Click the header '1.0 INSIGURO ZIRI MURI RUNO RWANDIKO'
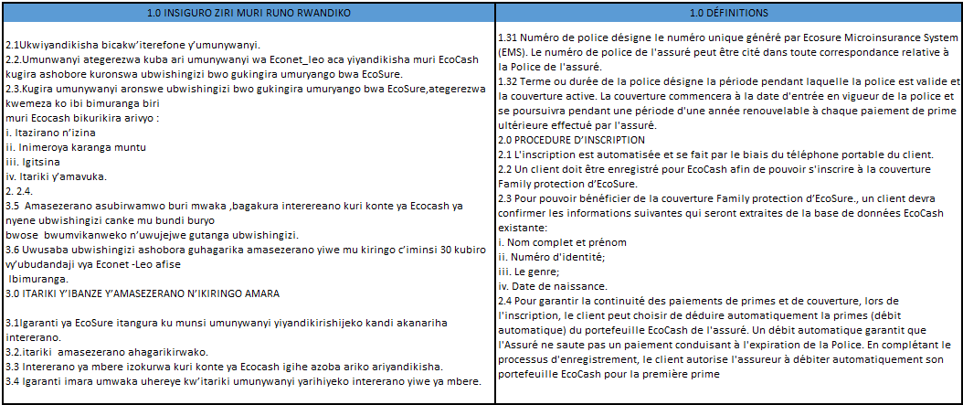[x=248, y=13]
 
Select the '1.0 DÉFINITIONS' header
[x=728, y=13]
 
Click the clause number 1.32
[x=511, y=80]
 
